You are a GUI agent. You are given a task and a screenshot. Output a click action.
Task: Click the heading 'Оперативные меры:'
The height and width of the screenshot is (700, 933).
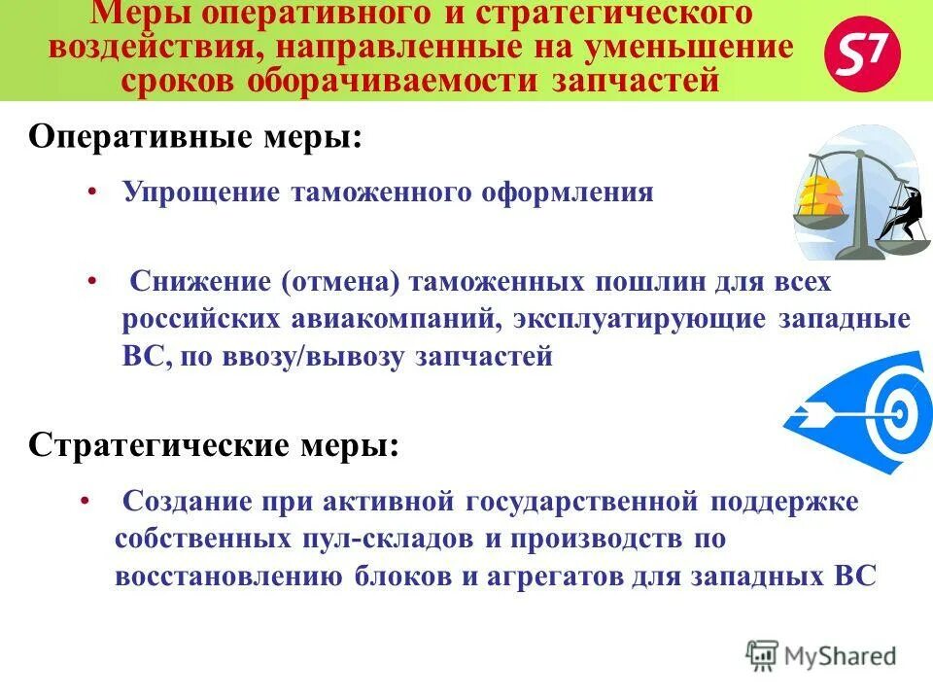tap(195, 135)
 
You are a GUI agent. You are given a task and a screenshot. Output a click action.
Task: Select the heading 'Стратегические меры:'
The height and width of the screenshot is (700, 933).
tap(214, 446)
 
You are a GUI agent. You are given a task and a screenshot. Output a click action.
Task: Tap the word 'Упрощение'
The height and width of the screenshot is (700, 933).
tap(198, 192)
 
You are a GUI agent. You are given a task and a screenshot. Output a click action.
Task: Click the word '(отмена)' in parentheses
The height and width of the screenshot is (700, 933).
tap(341, 284)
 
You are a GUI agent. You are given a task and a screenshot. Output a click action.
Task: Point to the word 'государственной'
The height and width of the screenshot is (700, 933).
tap(582, 503)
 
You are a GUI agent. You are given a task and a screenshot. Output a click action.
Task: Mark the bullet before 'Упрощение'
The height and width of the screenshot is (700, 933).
tap(90, 192)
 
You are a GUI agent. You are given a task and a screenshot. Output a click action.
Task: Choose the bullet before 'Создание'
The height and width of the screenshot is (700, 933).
tap(86, 503)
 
